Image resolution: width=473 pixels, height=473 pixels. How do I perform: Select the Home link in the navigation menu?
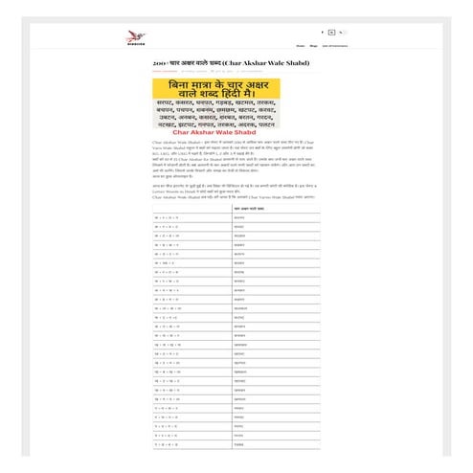click(301, 45)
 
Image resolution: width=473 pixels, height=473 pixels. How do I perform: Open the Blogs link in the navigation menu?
click(313, 45)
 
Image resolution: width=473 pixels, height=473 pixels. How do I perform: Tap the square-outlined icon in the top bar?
click(331, 33)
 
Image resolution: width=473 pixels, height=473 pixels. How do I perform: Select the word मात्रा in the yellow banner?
click(205, 85)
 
